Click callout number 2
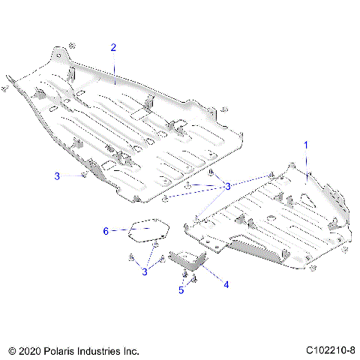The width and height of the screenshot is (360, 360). pos(113,47)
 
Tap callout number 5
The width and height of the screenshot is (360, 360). pos(181,289)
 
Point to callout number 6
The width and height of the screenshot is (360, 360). pos(106,230)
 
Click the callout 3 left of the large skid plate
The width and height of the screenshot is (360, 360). pos(57,176)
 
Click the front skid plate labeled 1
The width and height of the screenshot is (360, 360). pos(270,217)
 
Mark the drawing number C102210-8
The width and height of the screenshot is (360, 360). pos(330,349)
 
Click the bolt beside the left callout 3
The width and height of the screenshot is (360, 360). pos(82,175)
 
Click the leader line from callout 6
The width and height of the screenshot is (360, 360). pos(120,230)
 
